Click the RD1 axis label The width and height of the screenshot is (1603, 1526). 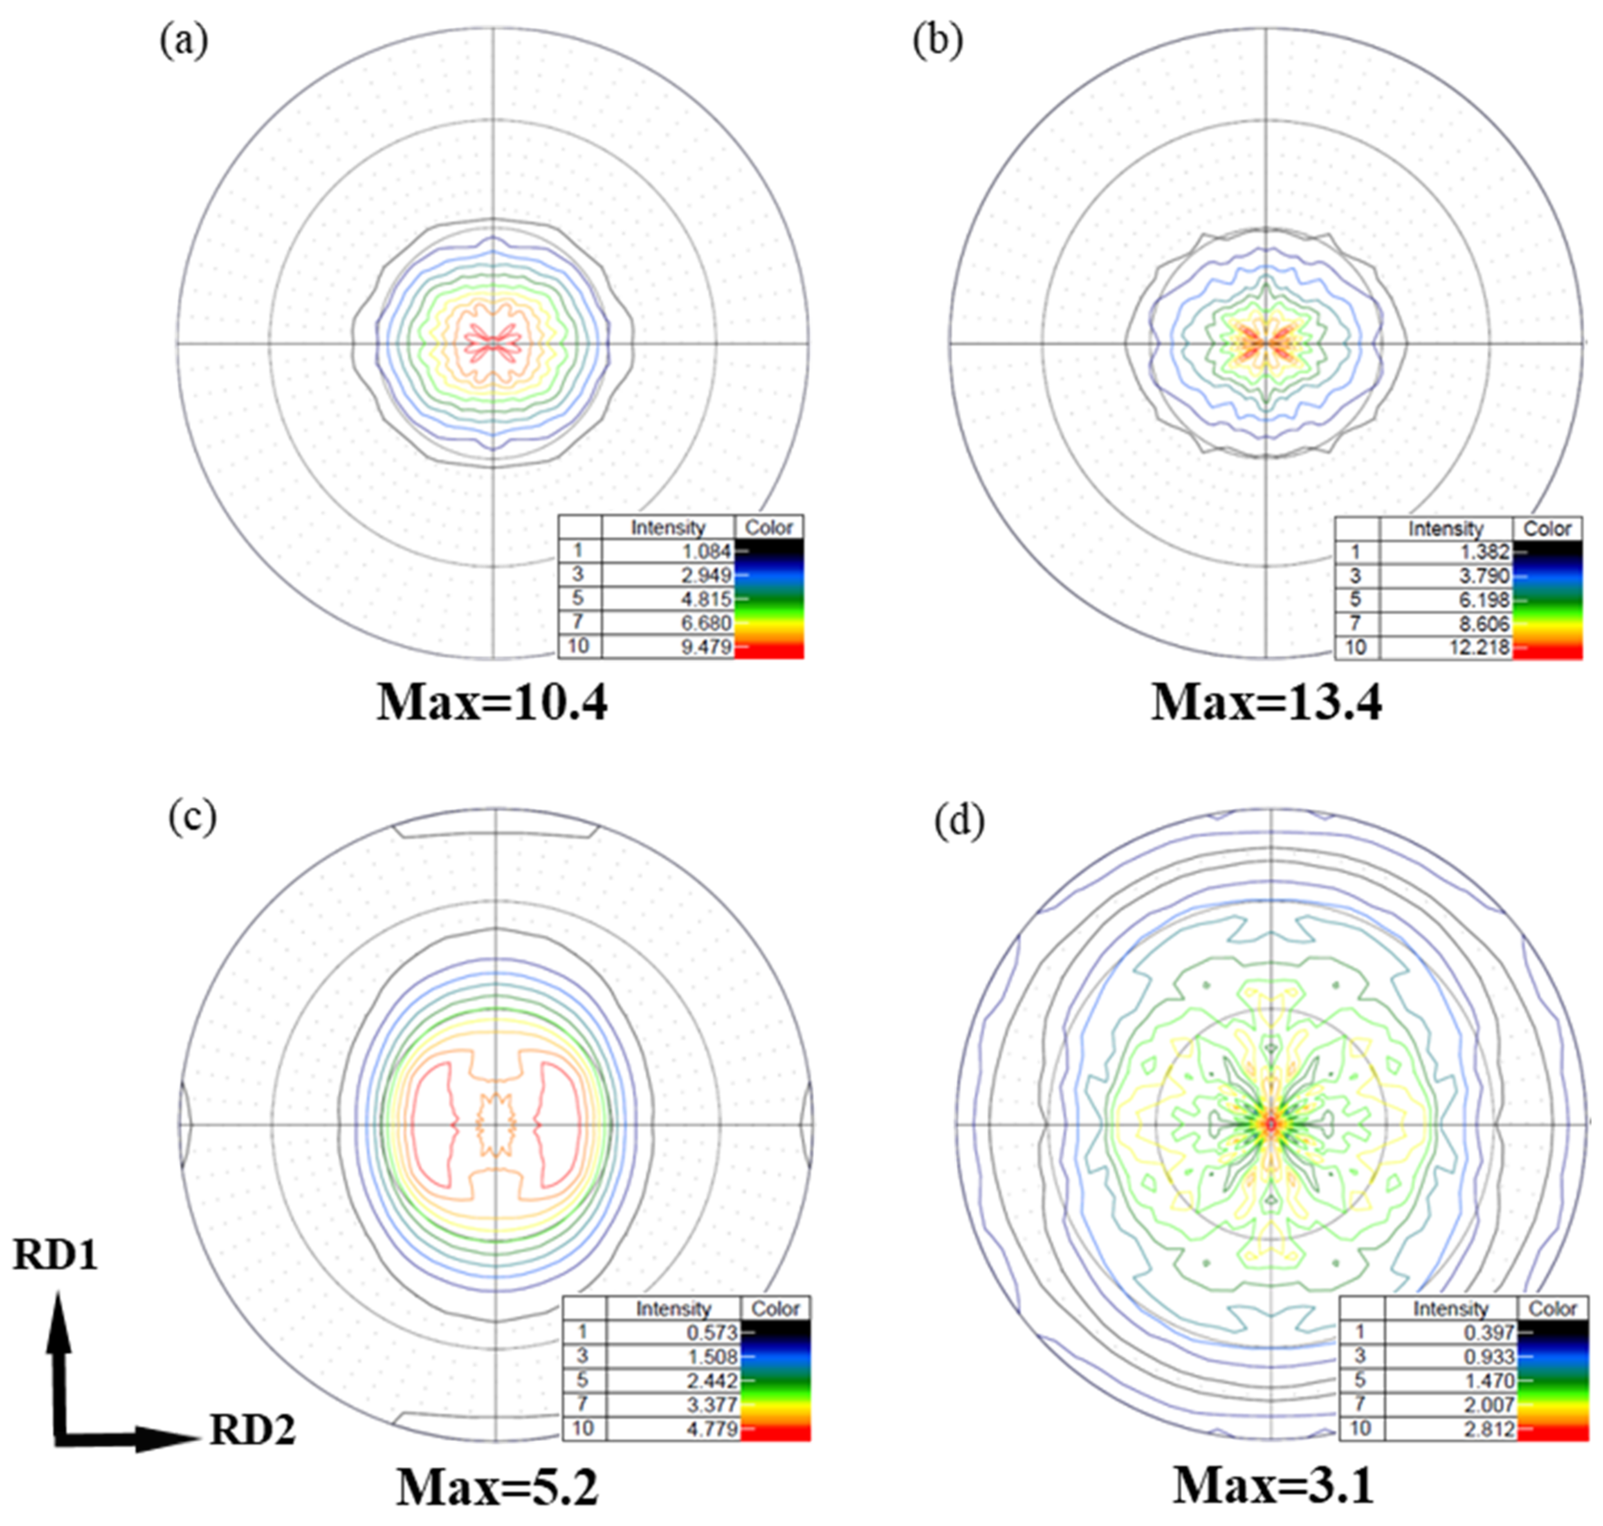coord(55,1255)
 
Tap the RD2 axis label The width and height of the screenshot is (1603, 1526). coord(252,1429)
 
